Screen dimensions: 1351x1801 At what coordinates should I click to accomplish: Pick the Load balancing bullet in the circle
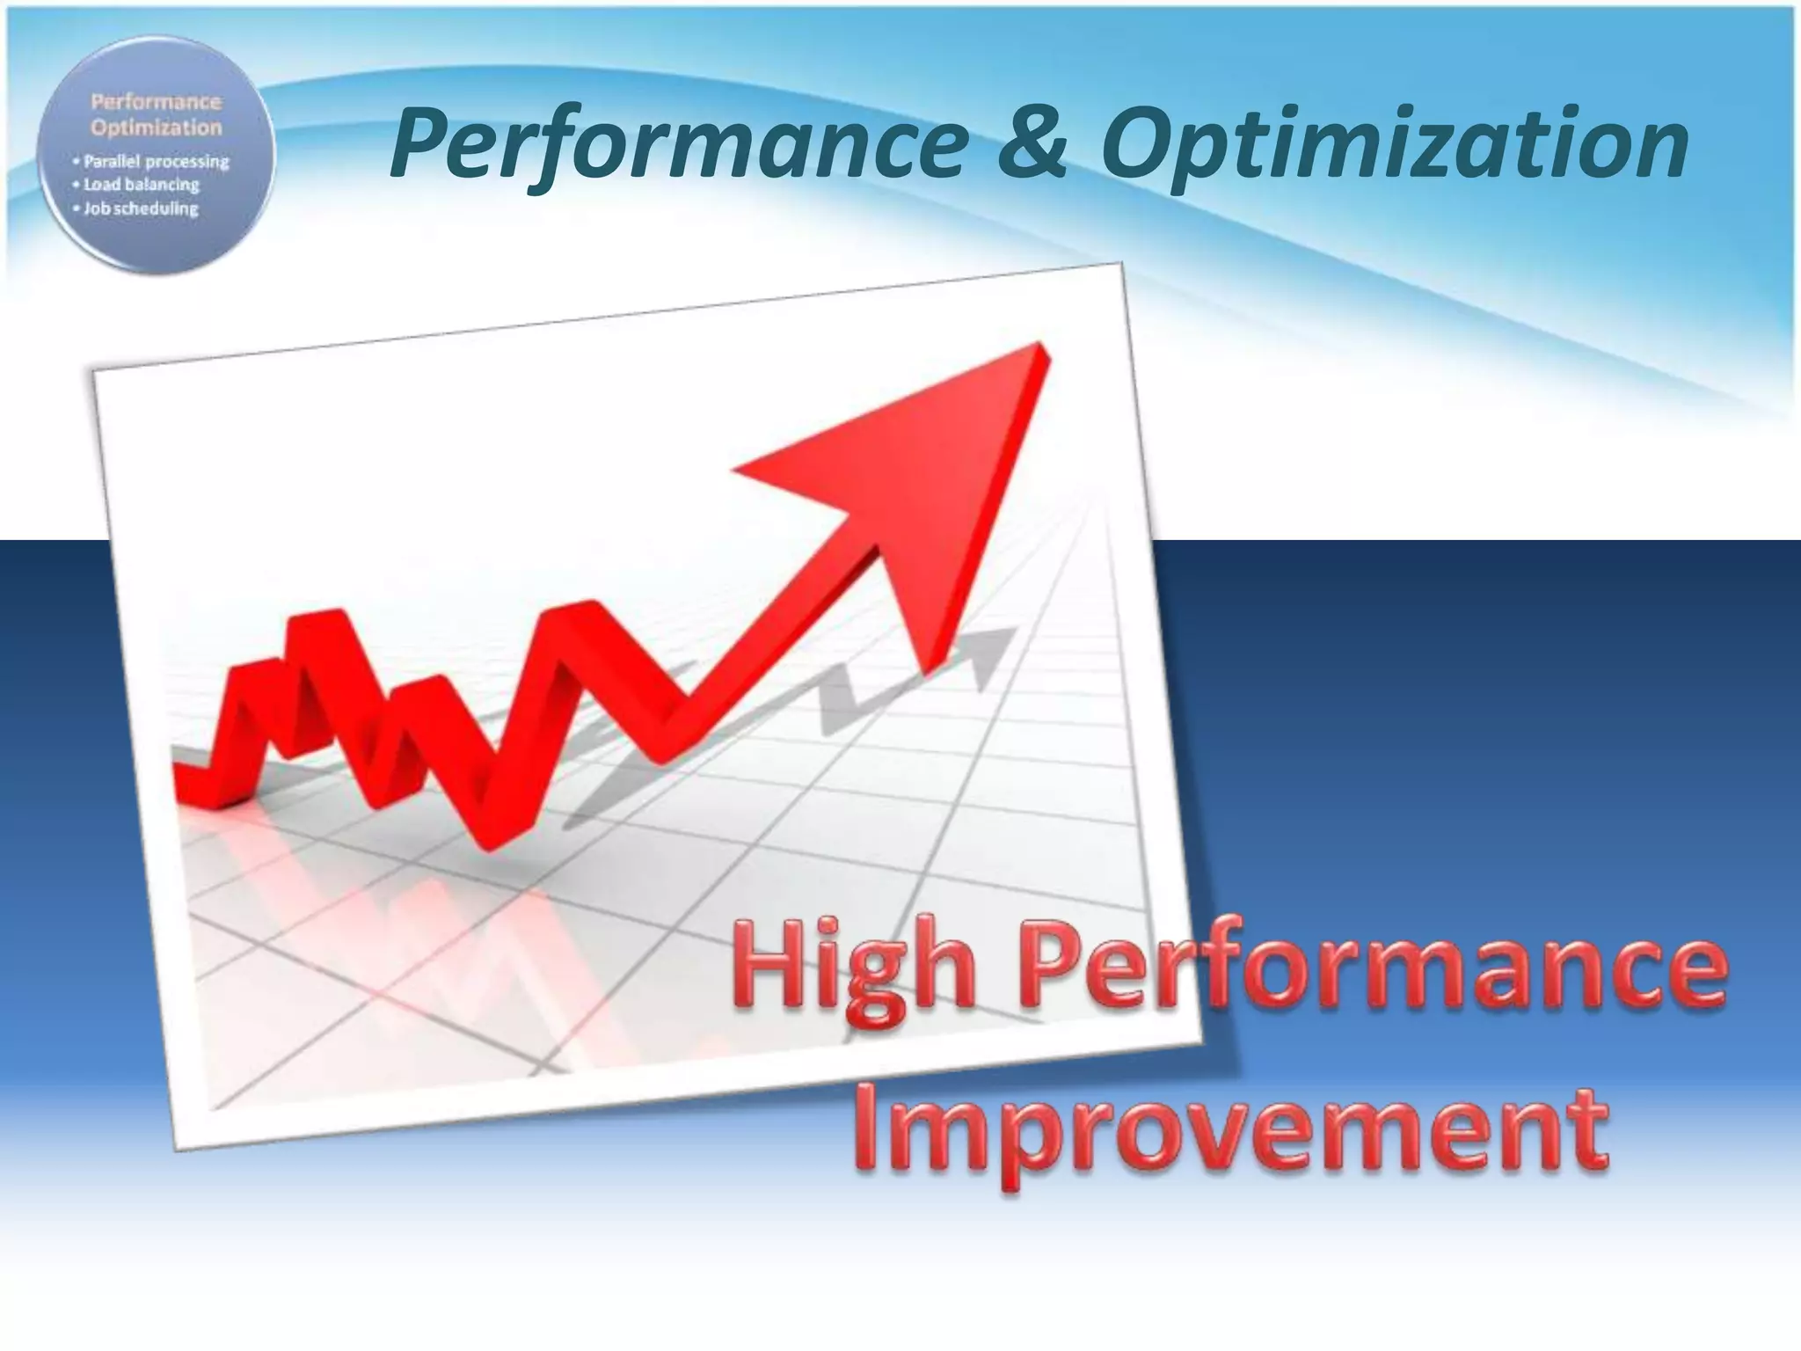click(141, 185)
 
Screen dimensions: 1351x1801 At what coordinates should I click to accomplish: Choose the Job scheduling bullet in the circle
click(140, 208)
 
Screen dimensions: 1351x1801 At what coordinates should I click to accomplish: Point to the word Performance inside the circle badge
click(156, 102)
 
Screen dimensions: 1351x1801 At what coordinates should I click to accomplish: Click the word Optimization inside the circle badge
click(157, 128)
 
